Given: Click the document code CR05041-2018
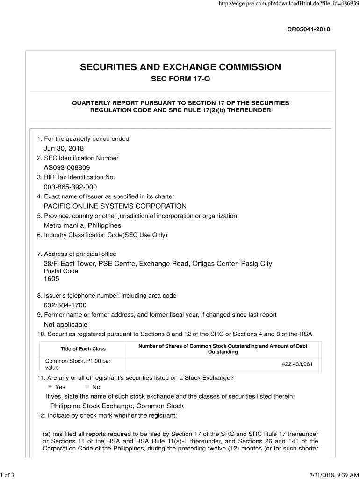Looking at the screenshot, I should pyautogui.click(x=308, y=29).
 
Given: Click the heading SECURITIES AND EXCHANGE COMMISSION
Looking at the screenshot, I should pyautogui.click(x=180, y=67).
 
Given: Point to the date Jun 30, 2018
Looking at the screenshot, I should pyautogui.click(x=64, y=148).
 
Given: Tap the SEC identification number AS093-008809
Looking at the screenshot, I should pyautogui.click(x=67, y=167).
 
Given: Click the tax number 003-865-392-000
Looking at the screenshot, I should pyautogui.click(x=70, y=187).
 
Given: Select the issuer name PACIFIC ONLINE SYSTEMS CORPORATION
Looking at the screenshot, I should pyautogui.click(x=115, y=206).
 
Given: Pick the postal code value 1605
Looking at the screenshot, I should pyautogui.click(x=51, y=279).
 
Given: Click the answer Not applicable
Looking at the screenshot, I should pyautogui.click(x=65, y=324).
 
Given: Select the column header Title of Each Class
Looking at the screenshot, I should pyautogui.click(x=83, y=349).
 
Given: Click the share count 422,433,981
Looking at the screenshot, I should pyautogui.click(x=297, y=364).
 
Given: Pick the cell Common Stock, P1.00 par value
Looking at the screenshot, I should pyautogui.click(x=78, y=364).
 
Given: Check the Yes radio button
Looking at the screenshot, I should pyautogui.click(x=50, y=387).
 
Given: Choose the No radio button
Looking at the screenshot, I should pyautogui.click(x=87, y=387).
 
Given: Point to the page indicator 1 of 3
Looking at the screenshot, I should pyautogui.click(x=8, y=475).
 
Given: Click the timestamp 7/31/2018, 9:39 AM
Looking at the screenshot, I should pyautogui.click(x=332, y=475).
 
